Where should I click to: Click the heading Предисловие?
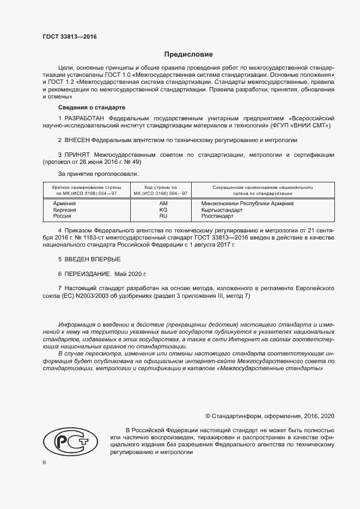(x=189, y=54)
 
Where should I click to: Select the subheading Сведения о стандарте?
(x=91, y=107)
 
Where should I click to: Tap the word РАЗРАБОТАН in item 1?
(x=85, y=118)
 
